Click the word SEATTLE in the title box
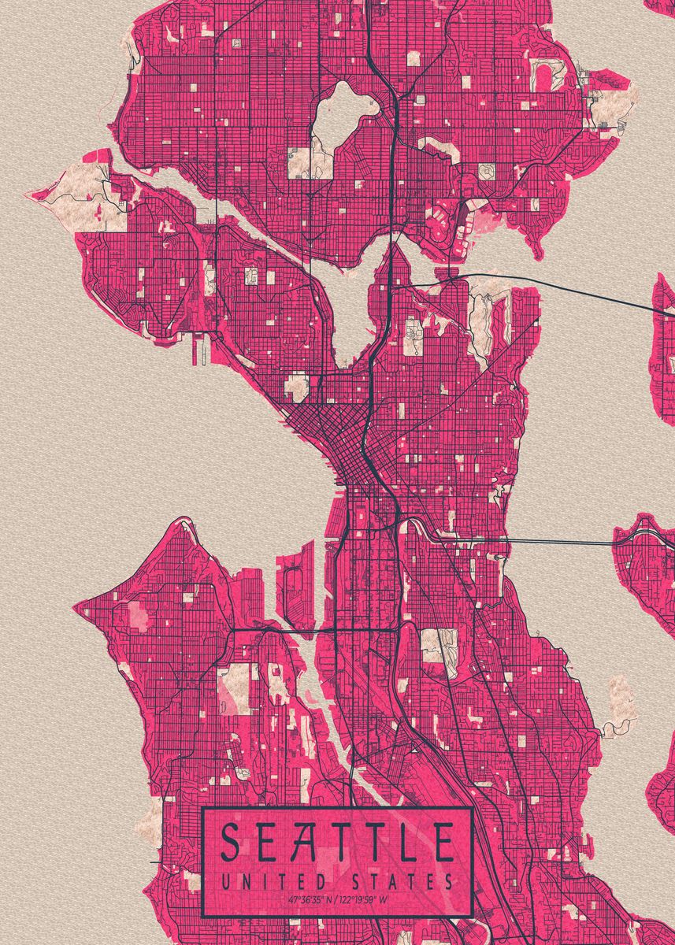[x=337, y=843]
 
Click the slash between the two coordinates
[x=336, y=899]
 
